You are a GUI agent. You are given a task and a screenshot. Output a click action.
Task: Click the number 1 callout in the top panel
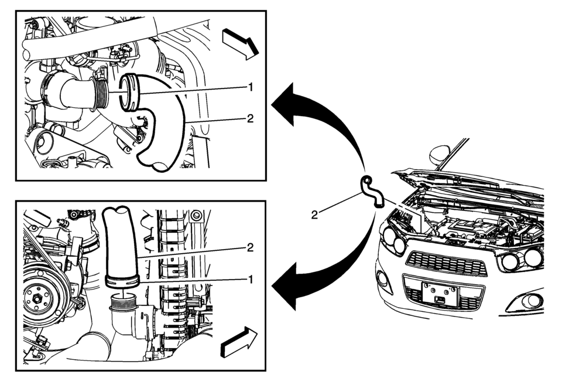pos(251,87)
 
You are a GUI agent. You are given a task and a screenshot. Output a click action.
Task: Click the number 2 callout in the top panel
pos(251,118)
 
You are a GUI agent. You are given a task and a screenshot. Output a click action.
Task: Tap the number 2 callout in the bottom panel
pos(251,247)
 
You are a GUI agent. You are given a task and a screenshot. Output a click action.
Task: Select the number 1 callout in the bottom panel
pos(251,279)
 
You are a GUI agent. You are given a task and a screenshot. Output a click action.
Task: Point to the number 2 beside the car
pos(314,215)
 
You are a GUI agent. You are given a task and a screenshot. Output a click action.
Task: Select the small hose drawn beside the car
pos(371,190)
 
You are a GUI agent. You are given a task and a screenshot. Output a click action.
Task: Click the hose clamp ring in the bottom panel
pos(122,280)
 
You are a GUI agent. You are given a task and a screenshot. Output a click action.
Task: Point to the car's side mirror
pos(439,155)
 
